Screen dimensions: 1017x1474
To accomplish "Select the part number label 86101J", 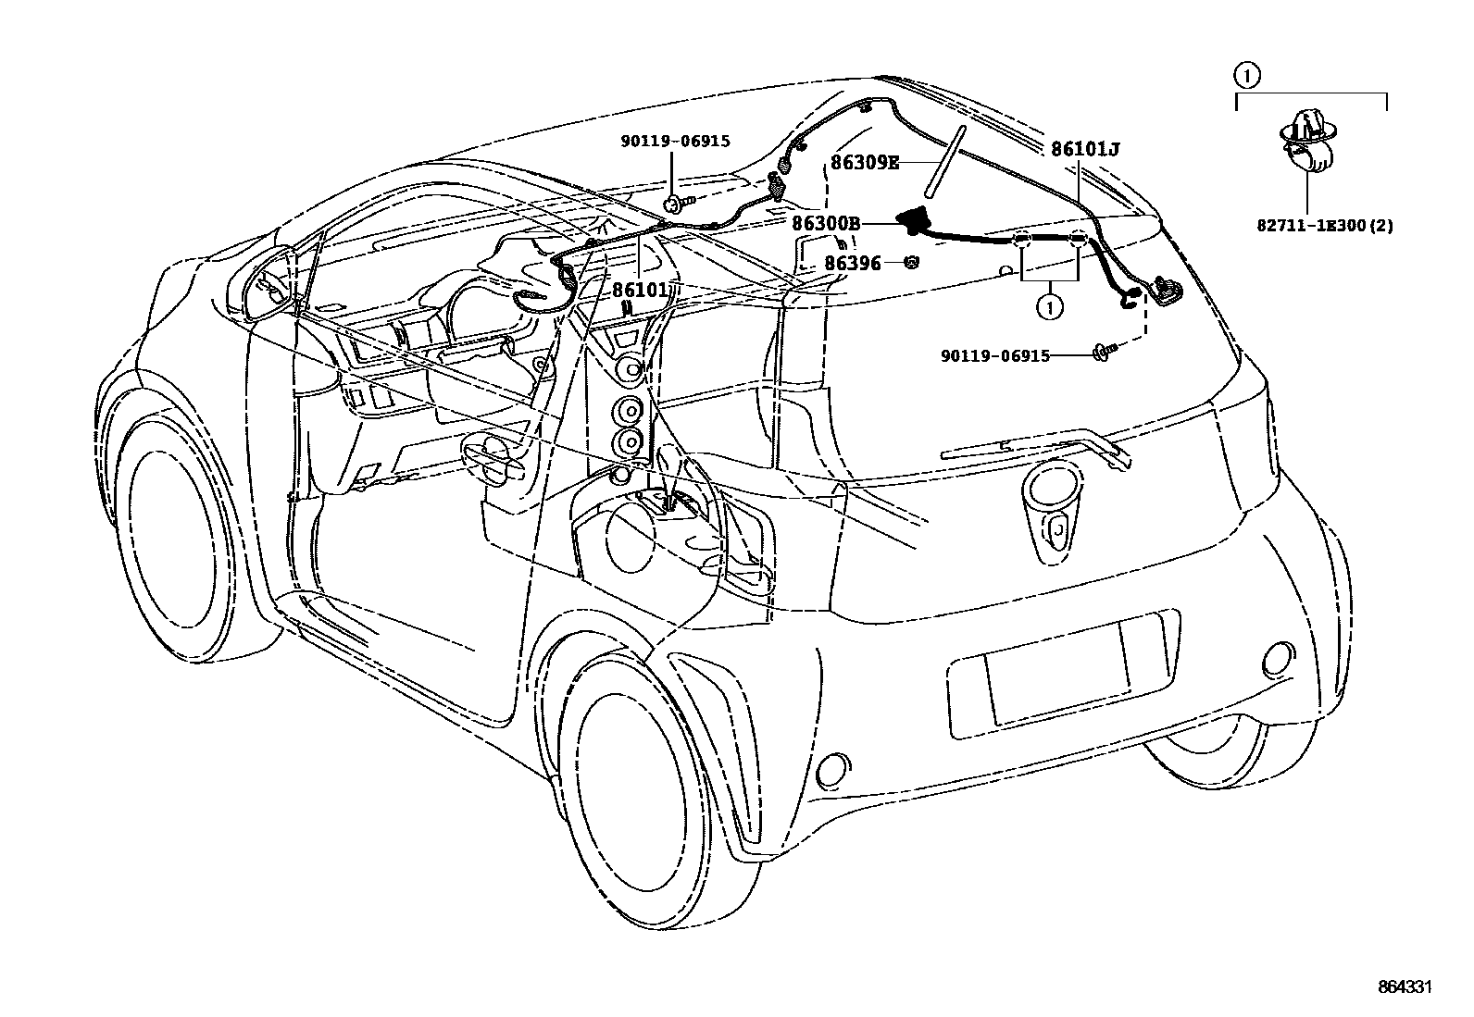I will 1084,149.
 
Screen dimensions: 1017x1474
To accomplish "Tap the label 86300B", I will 826,223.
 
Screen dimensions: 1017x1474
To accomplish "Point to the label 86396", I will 853,264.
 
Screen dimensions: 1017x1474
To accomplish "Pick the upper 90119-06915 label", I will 675,141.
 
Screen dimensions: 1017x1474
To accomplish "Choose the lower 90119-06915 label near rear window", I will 995,355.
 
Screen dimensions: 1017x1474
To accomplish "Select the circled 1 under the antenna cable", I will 1049,306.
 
